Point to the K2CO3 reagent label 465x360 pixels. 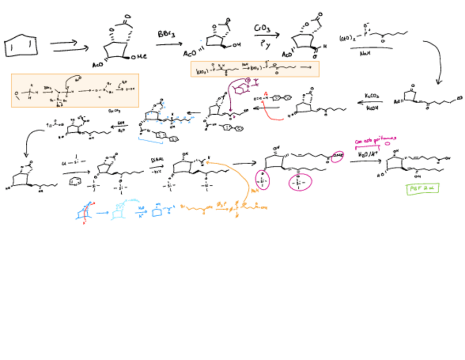click(373, 96)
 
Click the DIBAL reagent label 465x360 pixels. click(157, 160)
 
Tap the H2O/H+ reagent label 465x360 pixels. click(366, 155)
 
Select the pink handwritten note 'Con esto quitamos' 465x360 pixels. click(376, 141)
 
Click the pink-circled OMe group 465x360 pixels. click(335, 160)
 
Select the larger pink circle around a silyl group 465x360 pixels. click(299, 182)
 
